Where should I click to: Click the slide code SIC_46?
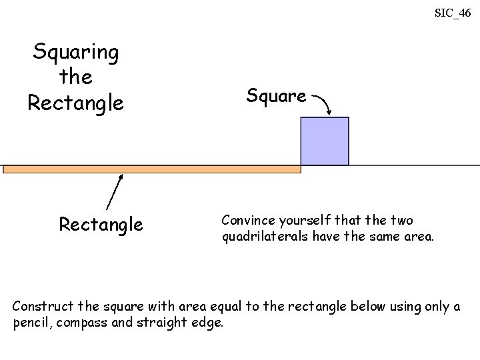453,12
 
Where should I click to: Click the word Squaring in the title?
76,52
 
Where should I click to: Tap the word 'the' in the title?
75,77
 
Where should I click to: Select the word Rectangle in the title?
75,103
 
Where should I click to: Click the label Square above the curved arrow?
276,96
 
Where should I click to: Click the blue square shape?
325,141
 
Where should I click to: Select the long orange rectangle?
152,169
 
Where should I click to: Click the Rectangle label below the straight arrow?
101,225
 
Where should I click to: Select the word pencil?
29,323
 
